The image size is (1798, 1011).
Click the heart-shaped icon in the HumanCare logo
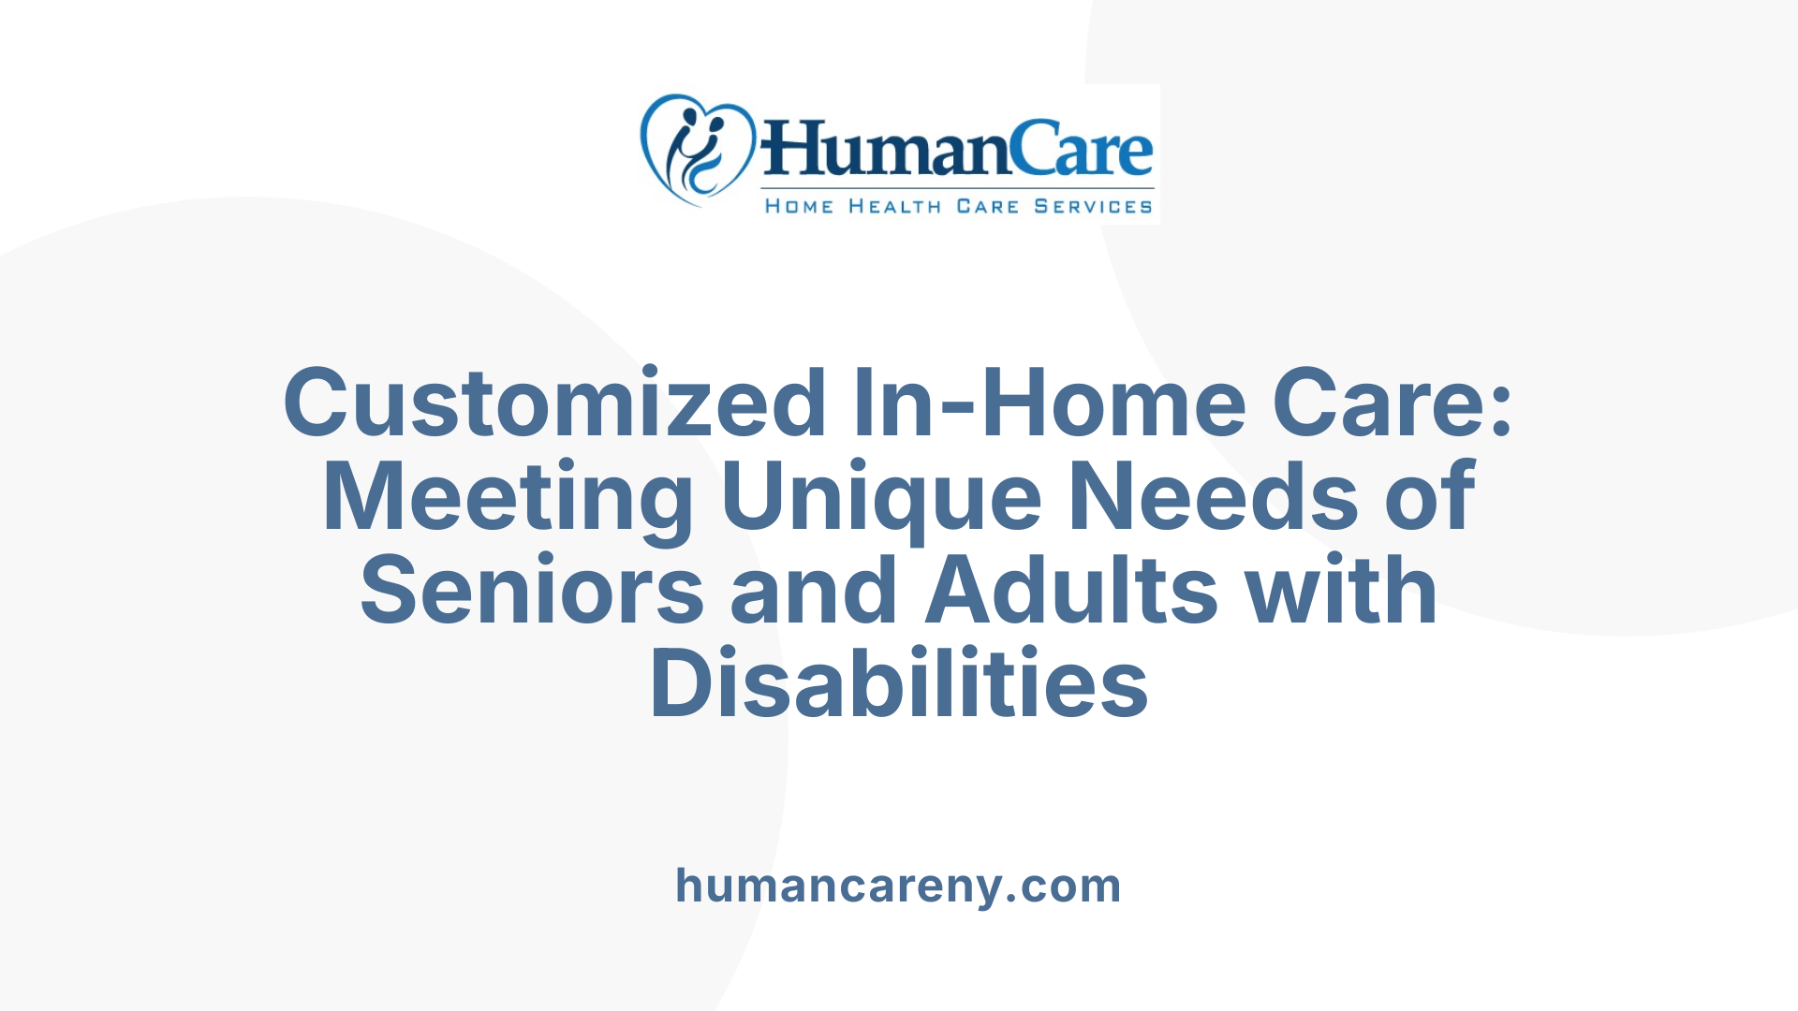(x=697, y=150)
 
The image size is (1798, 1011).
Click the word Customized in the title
(x=553, y=403)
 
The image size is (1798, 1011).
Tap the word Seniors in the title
(x=531, y=591)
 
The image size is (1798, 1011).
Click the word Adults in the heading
(x=1071, y=591)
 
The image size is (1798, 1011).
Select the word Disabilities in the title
(x=899, y=684)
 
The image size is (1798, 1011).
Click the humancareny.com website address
(x=898, y=886)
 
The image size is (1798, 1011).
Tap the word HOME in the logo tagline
(x=799, y=206)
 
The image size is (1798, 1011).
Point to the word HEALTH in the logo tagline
(x=894, y=206)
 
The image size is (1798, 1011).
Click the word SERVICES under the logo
(x=1093, y=206)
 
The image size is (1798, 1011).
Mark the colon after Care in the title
(x=1502, y=412)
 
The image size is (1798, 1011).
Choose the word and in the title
(x=813, y=591)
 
